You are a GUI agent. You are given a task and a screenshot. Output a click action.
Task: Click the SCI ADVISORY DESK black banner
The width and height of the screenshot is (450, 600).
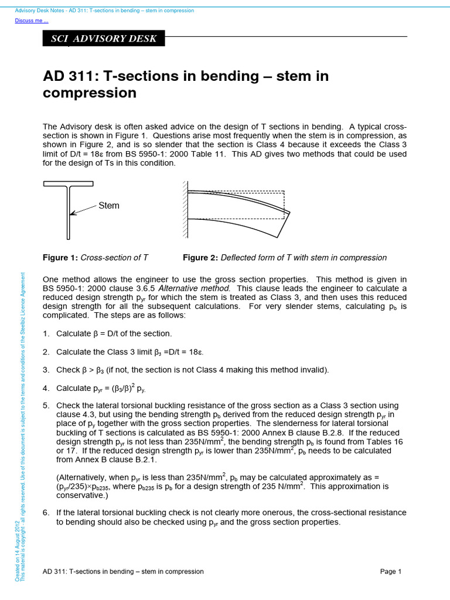pos(104,39)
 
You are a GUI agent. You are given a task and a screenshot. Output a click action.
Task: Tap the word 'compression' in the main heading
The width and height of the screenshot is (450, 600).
pos(90,93)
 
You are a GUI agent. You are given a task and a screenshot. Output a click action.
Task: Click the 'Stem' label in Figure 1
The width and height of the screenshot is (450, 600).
pos(108,205)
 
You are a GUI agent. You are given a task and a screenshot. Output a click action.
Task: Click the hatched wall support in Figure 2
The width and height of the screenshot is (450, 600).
pos(185,209)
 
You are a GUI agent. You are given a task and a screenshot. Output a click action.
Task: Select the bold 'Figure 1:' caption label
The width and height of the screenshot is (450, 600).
pos(60,258)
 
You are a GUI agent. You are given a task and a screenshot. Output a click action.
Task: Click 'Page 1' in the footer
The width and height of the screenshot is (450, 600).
pos(390,571)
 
